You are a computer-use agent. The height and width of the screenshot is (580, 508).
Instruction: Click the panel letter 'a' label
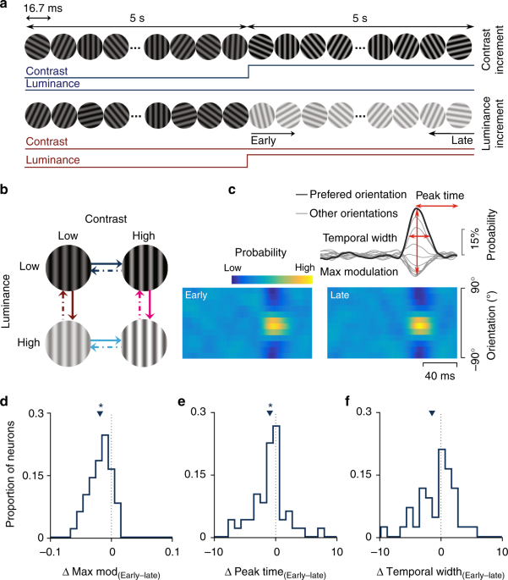click(6, 7)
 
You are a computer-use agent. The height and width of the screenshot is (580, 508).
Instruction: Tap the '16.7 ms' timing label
click(42, 7)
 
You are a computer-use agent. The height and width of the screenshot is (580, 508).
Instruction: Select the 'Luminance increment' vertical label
click(493, 129)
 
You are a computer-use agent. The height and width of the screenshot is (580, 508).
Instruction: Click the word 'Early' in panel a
click(265, 134)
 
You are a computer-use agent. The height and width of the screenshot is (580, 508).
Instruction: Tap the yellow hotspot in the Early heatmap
click(272, 323)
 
